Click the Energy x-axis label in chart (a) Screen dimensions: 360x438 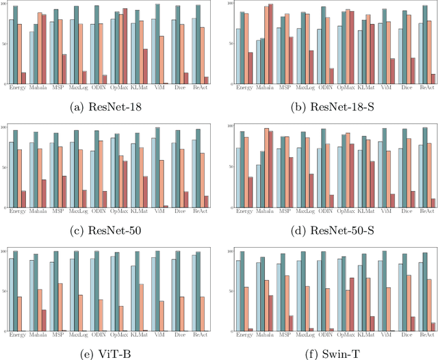click(x=18, y=87)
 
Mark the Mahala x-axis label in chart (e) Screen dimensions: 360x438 click(x=38, y=334)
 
